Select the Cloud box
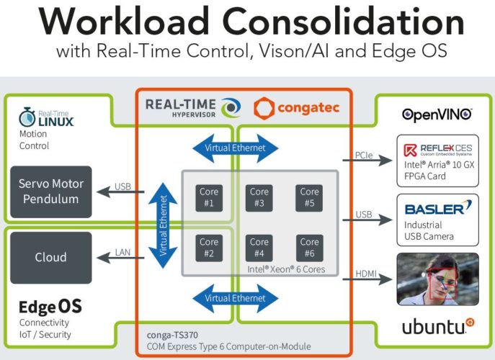(50, 257)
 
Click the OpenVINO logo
(437, 114)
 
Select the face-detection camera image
(438, 279)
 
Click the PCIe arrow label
(364, 155)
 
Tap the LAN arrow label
(122, 252)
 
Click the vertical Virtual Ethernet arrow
(163, 225)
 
